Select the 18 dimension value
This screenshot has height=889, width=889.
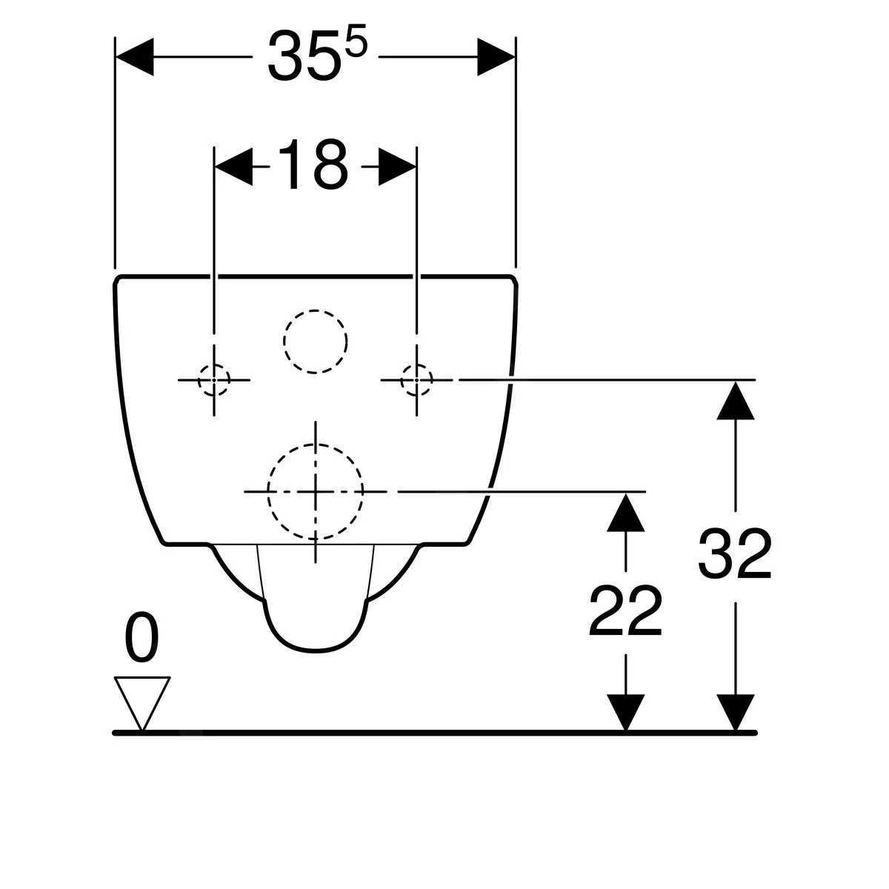313,166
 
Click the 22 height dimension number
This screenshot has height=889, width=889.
625,612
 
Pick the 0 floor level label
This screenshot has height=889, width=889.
141,639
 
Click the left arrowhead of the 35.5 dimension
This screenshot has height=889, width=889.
135,56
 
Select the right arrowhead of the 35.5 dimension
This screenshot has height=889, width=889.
496,56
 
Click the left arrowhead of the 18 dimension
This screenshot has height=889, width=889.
233,166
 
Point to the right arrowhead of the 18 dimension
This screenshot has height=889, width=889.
398,166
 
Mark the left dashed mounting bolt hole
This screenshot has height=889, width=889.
214,379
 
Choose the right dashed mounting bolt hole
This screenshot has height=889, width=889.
416,379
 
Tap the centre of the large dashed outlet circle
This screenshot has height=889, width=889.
316,491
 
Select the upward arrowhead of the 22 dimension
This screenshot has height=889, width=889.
626,512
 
